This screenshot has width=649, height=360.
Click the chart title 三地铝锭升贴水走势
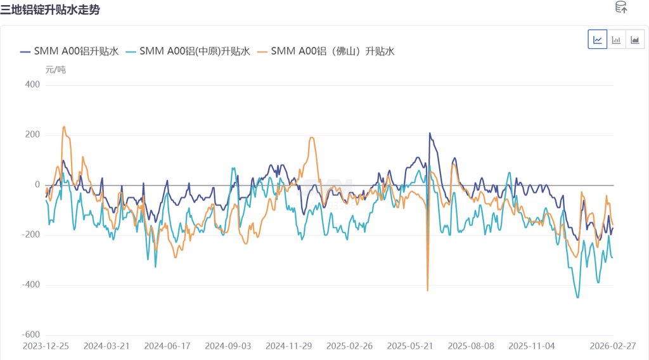50,11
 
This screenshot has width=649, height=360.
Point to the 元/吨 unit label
56,70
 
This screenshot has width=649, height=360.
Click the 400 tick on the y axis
32,85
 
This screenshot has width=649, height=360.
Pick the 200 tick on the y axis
32,135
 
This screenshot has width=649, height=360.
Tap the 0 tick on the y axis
37,185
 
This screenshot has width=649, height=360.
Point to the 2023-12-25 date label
46,347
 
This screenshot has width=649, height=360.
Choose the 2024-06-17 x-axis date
167,347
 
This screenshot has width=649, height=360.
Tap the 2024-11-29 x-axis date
288,347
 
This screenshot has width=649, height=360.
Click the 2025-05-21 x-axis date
410,347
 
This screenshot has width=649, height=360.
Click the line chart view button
598,39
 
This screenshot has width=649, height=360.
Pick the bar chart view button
616,39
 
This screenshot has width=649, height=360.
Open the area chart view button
634,39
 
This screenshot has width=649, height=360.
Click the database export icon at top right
621,8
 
